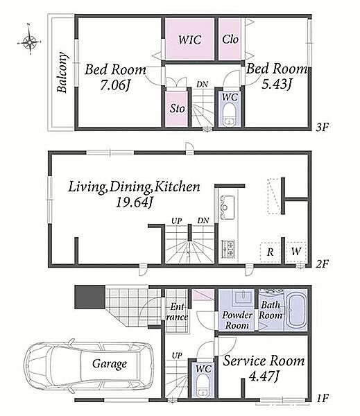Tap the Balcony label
62,72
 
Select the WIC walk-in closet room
189,40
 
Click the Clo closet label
230,40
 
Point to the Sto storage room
177,109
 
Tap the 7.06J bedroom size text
116,85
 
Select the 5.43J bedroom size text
276,84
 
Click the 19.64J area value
134,203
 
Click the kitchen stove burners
228,249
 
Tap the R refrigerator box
271,252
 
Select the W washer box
296,252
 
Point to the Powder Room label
237,320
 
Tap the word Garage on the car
110,364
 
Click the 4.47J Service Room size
264,376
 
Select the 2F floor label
322,264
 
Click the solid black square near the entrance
89,297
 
